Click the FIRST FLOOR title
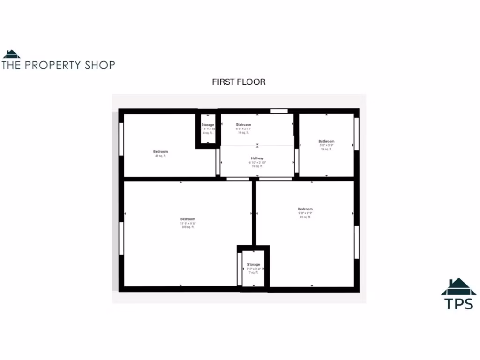[239, 82]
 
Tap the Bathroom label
[326, 141]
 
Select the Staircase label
[243, 125]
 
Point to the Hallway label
[257, 158]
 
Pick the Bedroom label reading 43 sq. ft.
[160, 152]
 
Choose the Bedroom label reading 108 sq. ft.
[187, 219]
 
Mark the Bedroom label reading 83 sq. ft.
[305, 209]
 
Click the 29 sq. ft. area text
[326, 149]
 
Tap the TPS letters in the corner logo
[459, 303]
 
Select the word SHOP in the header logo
[100, 65]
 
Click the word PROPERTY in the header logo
[52, 65]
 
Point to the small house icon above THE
[11, 54]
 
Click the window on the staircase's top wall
[279, 111]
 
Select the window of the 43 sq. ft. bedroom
[121, 138]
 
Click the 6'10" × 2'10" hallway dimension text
[257, 162]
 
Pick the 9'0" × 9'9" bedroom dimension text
[305, 213]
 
